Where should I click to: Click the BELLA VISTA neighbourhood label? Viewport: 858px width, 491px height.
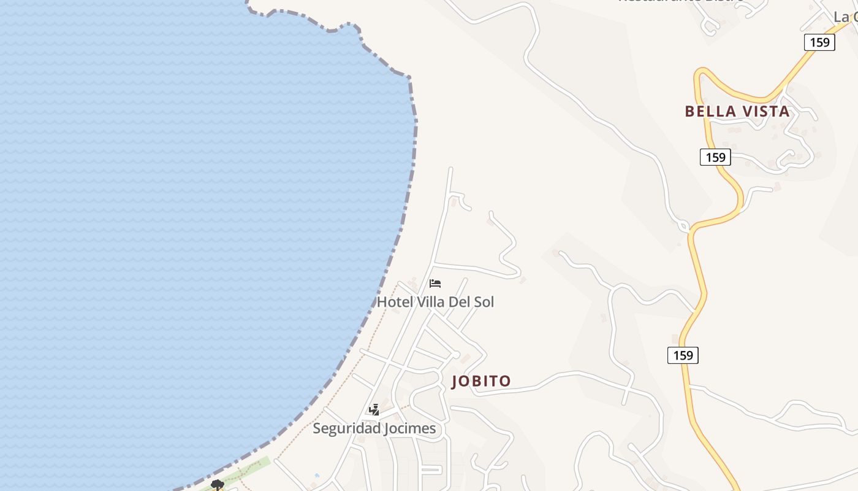(x=737, y=112)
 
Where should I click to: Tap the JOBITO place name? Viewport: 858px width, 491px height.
(x=481, y=381)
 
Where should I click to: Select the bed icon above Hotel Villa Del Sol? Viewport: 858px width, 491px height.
(x=435, y=284)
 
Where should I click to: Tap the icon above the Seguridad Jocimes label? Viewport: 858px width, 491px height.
(x=374, y=410)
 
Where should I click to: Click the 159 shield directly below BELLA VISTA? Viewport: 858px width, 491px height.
(x=715, y=157)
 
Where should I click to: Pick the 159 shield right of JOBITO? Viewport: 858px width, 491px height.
(x=683, y=355)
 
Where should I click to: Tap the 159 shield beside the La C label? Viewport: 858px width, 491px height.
(x=819, y=42)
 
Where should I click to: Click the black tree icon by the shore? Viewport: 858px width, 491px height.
(x=217, y=485)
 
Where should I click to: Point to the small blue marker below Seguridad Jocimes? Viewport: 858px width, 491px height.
(x=317, y=475)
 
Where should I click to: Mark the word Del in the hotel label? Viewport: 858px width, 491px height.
(x=459, y=302)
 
